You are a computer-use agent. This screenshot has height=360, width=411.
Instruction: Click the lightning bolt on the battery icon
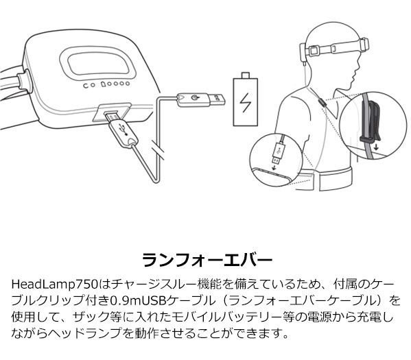(x=246, y=103)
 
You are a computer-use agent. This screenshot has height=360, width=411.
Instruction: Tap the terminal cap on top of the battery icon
(x=246, y=75)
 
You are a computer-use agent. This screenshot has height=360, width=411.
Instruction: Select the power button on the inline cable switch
(x=193, y=98)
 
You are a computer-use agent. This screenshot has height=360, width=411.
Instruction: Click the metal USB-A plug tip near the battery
(x=218, y=99)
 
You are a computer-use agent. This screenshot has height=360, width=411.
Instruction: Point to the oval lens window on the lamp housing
(x=97, y=62)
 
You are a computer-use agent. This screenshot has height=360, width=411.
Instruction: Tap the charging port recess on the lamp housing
(x=112, y=112)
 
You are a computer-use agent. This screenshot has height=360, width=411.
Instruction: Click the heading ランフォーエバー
(x=207, y=260)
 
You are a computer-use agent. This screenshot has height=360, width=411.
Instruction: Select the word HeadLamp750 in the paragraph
(x=55, y=285)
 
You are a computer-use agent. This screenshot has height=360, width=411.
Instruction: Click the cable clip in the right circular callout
(x=370, y=123)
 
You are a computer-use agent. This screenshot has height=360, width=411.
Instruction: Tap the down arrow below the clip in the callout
(x=376, y=147)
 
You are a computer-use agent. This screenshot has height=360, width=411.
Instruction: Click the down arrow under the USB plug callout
(x=274, y=167)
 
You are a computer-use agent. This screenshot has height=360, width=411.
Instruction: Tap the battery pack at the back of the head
(x=303, y=53)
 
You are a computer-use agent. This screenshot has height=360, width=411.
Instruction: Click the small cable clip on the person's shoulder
(x=322, y=102)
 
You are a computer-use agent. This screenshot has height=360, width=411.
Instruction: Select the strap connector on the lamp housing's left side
(x=23, y=82)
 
